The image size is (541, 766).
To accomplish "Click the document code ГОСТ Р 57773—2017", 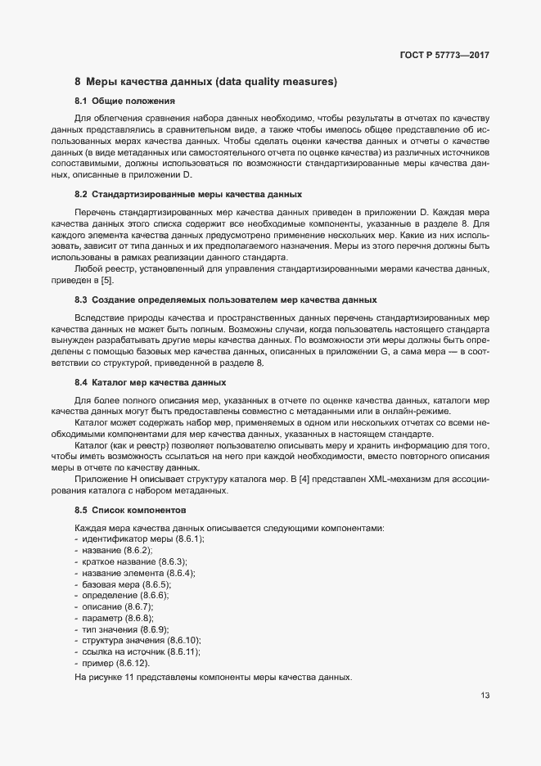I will click(445, 56).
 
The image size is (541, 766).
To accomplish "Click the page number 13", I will click(485, 696).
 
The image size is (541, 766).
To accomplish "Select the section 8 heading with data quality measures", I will click(205, 82).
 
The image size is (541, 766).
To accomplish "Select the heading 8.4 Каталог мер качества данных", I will click(156, 382).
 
